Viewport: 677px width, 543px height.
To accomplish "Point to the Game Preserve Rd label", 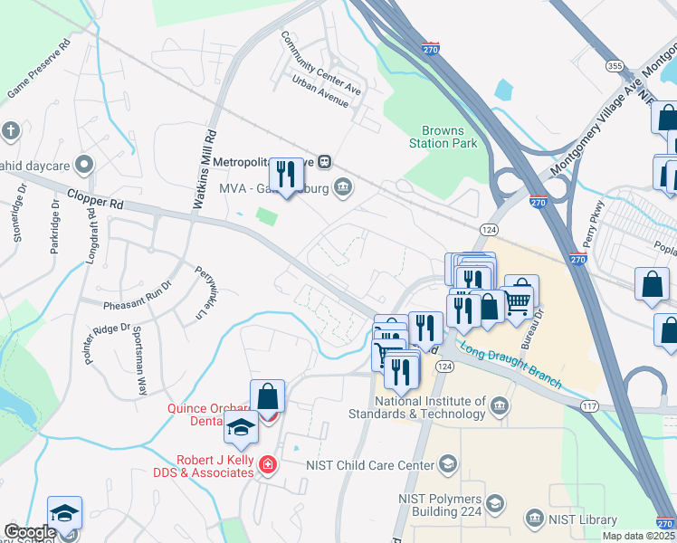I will click(39, 68).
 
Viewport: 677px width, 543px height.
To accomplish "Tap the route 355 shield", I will click(615, 66).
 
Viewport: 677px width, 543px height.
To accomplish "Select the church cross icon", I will click(11, 131).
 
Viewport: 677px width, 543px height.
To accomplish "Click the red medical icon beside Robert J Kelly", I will click(267, 465).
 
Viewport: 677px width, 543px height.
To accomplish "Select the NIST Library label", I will click(583, 519).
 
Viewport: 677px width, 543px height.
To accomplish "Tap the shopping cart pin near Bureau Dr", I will click(519, 298).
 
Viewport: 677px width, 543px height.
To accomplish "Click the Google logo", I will click(30, 532).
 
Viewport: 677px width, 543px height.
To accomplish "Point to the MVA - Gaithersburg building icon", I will click(343, 188).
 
